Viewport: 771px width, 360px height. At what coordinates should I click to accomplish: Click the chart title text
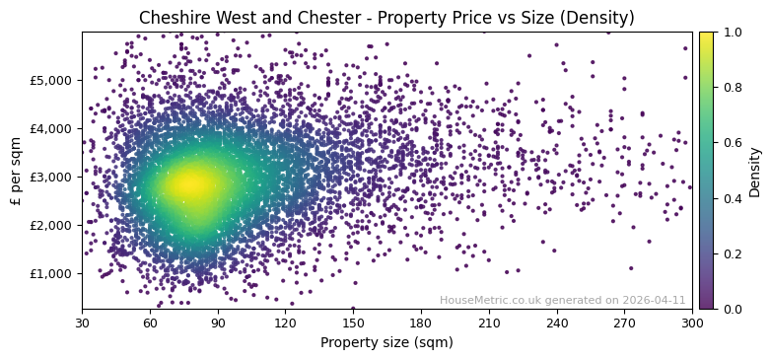(x=386, y=18)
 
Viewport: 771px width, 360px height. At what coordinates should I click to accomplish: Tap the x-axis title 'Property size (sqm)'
(x=386, y=343)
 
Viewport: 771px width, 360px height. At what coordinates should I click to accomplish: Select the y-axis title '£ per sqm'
(x=17, y=171)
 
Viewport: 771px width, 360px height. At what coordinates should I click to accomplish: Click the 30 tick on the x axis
(x=82, y=323)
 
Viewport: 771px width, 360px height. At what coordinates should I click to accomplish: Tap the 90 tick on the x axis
(x=218, y=323)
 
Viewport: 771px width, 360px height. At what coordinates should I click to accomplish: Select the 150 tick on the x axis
(x=353, y=323)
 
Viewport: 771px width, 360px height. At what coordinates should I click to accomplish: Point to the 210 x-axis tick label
(x=489, y=323)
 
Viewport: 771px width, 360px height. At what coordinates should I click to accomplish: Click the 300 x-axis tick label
(x=692, y=323)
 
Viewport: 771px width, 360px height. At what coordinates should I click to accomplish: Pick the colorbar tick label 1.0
(x=732, y=32)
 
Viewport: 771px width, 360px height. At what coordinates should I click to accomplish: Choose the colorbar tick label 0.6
(x=732, y=143)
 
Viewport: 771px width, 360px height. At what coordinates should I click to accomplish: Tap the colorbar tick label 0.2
(x=732, y=253)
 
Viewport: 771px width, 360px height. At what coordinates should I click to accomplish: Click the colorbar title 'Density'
(x=755, y=171)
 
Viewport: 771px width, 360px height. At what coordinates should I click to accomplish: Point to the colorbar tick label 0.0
(x=732, y=309)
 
